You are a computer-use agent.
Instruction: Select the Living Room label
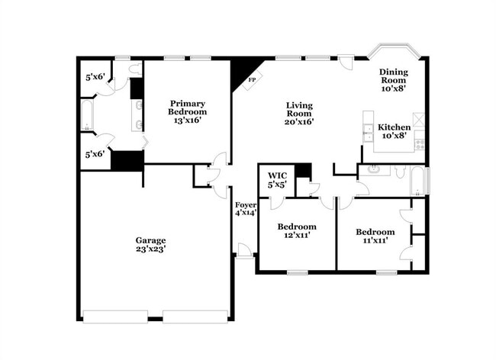click(x=299, y=106)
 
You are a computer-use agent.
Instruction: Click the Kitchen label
click(x=394, y=127)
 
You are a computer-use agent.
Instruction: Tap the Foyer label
click(x=245, y=204)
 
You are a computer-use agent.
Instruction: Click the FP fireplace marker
click(x=250, y=79)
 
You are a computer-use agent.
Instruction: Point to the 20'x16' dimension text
click(x=299, y=121)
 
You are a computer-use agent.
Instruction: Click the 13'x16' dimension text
click(x=186, y=120)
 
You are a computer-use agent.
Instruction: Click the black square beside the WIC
click(x=303, y=171)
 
